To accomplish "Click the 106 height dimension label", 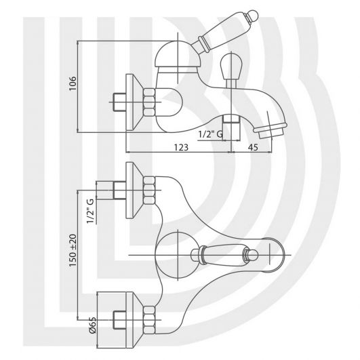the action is click(73, 83).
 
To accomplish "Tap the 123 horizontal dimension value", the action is click(181, 147).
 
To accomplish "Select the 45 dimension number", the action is click(253, 147).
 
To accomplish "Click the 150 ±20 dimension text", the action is click(73, 250).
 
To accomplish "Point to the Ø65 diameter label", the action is click(93, 325).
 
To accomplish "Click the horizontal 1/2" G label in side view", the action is click(211, 134).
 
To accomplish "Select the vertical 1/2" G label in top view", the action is click(90, 211).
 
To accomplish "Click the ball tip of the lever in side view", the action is click(253, 16).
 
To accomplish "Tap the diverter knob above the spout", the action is click(231, 66).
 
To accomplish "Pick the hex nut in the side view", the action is click(149, 102).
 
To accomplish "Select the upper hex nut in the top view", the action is click(149, 190).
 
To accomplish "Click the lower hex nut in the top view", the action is click(149, 319).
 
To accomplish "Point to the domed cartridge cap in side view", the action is click(178, 54).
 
